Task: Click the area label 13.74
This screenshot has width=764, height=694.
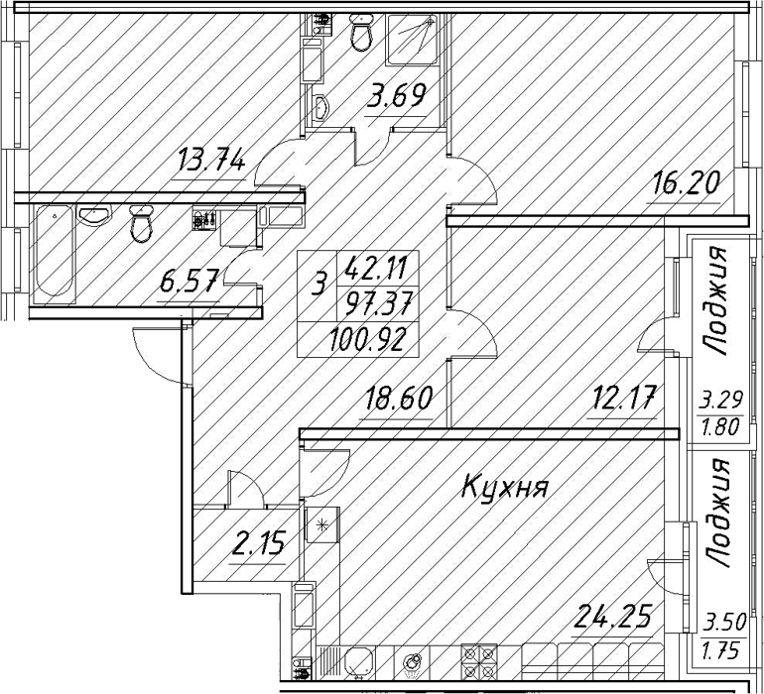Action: click(211, 161)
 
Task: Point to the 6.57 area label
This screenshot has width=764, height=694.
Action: click(189, 281)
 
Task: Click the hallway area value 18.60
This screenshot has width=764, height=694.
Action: click(398, 398)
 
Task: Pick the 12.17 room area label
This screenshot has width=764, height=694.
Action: click(622, 398)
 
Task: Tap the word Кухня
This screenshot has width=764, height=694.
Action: click(505, 488)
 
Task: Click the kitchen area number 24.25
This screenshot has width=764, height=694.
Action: click(612, 616)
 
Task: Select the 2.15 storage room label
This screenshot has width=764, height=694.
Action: click(257, 544)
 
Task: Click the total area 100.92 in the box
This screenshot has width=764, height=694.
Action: click(367, 340)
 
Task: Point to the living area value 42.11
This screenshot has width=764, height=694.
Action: click(376, 269)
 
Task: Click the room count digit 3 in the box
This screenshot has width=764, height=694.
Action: click(318, 284)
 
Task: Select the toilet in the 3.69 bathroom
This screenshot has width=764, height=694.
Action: click(361, 32)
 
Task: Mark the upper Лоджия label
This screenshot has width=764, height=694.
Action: click(716, 300)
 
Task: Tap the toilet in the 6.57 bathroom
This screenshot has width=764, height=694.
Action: click(141, 223)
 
